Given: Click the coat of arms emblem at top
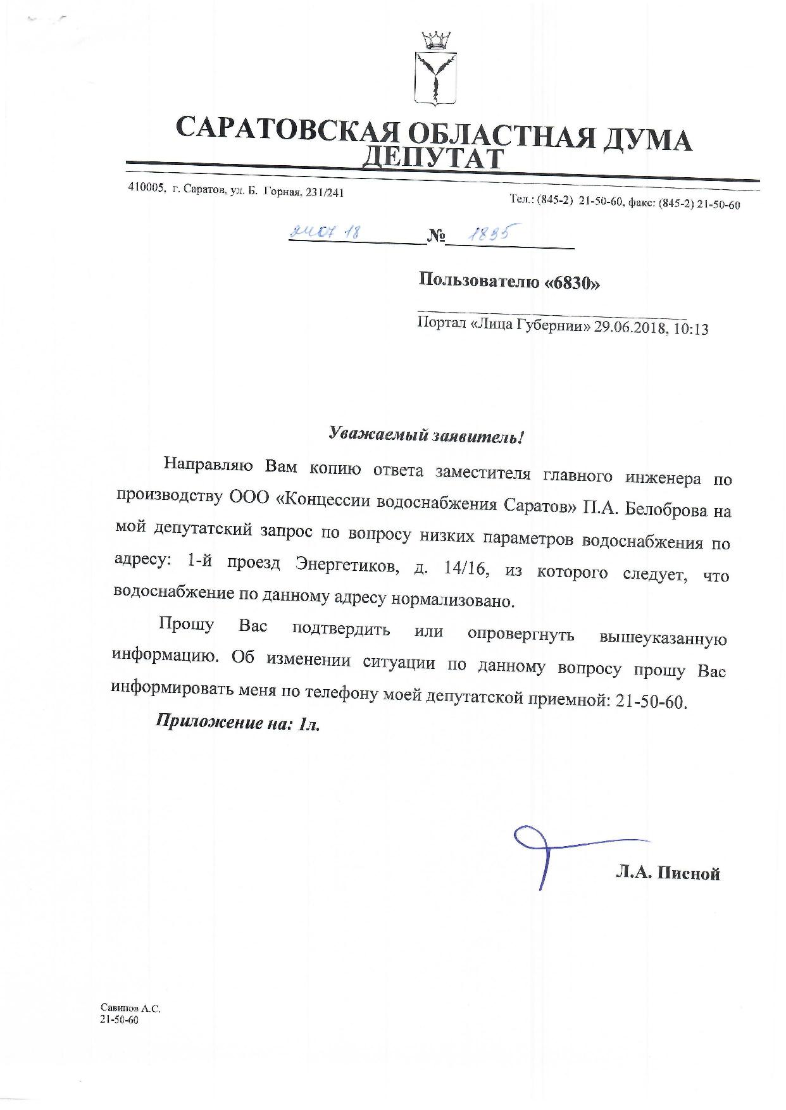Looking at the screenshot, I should point(434,70).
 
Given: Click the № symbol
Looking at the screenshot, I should point(436,237).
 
